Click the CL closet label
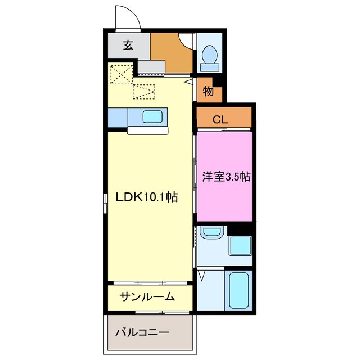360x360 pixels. pos(220,119)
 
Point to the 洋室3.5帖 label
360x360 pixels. pos(226,177)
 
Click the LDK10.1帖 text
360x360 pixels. pos(147,197)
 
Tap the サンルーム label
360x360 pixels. pos(146,296)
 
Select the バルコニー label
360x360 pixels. pos(142,332)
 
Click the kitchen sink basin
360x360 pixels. pos(152,117)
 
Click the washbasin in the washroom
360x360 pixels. pos(211,232)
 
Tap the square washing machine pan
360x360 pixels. pos(240,246)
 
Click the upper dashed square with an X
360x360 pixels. pos(119,74)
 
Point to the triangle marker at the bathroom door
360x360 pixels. pos(201,275)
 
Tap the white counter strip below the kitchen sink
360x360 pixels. pos(147,130)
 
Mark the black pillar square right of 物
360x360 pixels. pos(221,80)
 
